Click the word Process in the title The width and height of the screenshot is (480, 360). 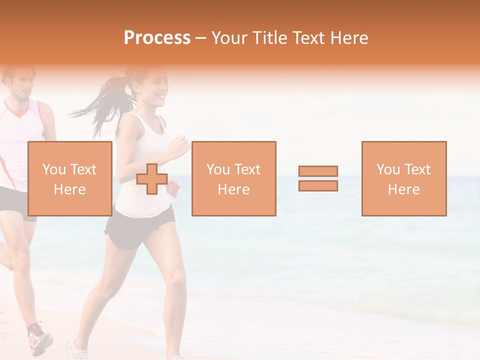[157, 38]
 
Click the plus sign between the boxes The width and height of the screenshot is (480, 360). [152, 179]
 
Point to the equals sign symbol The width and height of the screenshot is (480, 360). [318, 178]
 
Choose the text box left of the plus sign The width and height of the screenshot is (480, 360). [69, 178]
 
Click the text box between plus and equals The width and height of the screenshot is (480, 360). [233, 178]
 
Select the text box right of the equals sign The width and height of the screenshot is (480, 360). [403, 178]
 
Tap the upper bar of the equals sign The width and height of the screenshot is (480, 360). [318, 171]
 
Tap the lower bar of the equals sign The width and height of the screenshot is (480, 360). [318, 185]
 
